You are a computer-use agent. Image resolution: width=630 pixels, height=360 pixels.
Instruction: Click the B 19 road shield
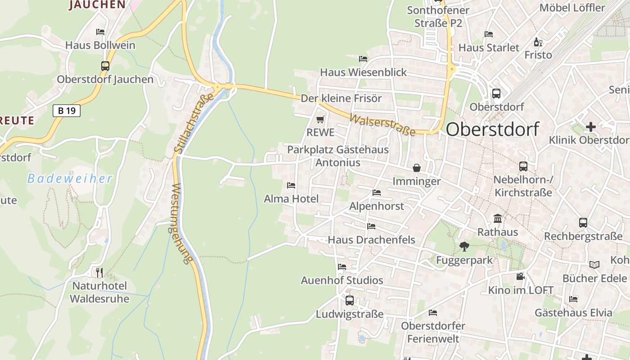67,110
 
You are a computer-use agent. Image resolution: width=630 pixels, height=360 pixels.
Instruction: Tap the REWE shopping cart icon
320,120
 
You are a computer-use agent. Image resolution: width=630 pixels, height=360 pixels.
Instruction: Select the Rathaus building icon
498,219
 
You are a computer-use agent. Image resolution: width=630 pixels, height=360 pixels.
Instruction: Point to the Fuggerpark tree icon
464,247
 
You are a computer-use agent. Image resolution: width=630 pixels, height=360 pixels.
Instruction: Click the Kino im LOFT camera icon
521,276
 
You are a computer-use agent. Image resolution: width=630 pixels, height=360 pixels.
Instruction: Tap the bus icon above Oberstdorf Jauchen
105,66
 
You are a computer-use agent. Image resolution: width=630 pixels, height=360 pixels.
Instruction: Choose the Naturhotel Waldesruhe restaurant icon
99,272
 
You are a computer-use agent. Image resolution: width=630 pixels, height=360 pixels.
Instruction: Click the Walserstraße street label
382,125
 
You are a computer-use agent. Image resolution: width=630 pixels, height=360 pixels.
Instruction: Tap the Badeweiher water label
70,179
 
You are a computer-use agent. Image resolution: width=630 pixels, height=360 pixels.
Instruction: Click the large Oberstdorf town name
492,129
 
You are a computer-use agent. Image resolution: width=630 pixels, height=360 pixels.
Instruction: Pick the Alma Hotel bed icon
291,185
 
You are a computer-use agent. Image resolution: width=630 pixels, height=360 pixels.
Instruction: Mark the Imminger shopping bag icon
417,168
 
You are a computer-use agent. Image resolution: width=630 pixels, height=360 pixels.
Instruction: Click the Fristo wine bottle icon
538,42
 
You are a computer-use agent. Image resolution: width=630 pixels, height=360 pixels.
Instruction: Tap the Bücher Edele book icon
594,265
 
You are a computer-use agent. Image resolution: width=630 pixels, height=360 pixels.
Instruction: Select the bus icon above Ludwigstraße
350,301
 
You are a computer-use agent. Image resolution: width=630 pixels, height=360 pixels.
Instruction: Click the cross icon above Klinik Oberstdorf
590,127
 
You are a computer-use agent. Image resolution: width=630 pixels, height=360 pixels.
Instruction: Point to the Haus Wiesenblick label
363,72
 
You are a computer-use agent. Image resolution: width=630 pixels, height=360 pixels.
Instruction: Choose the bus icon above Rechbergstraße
583,223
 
